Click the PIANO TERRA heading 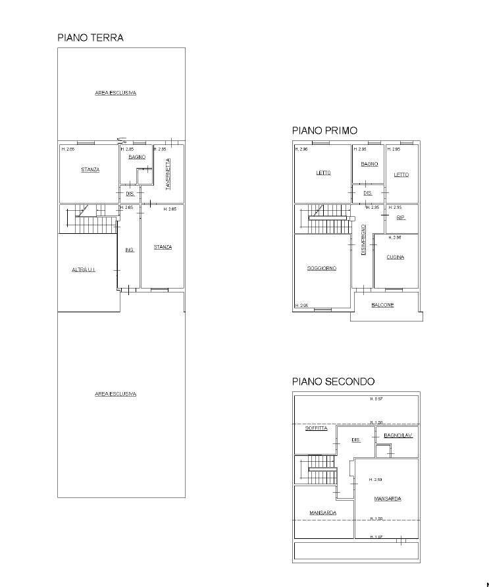(x=90, y=38)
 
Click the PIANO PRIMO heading (x=324, y=130)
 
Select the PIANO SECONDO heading (x=333, y=381)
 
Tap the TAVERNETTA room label (x=168, y=174)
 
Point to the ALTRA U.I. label (x=84, y=269)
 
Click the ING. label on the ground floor (x=130, y=250)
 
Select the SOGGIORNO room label (x=322, y=268)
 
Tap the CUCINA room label (x=395, y=257)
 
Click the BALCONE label (x=382, y=305)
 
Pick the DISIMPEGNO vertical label (x=363, y=239)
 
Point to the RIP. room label (x=400, y=217)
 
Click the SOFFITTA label (x=316, y=428)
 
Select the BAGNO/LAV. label (x=398, y=435)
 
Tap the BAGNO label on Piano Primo (x=369, y=163)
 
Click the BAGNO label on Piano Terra (x=137, y=157)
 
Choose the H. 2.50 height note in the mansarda (x=376, y=480)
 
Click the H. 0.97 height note (x=376, y=399)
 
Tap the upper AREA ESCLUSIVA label (x=115, y=93)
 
